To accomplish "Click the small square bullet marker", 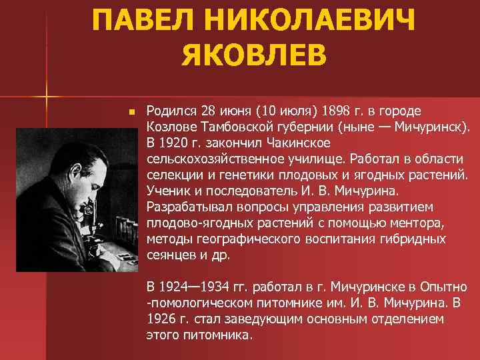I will (133, 111).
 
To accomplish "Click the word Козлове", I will (171, 126).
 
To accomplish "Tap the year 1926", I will (161, 319).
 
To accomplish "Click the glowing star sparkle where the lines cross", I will (47, 95).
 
